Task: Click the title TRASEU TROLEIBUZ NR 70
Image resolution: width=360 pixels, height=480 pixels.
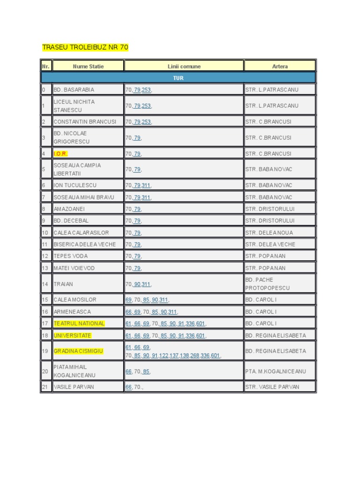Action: [x=85, y=47]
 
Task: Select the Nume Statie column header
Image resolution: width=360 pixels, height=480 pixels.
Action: [x=88, y=66]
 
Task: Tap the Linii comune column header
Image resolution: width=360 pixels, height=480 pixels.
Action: [x=184, y=66]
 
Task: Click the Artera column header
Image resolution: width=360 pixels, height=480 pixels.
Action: [x=280, y=66]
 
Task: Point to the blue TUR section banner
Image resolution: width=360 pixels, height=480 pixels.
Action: [x=178, y=78]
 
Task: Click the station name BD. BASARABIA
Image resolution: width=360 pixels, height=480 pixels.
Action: [x=74, y=90]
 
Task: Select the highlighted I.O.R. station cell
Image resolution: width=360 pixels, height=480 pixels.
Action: [x=61, y=154]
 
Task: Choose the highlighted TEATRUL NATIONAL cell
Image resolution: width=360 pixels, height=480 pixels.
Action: [x=79, y=323]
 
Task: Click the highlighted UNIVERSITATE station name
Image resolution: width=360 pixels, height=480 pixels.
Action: [x=73, y=336]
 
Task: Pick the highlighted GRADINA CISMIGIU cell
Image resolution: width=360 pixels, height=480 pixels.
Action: [x=78, y=351]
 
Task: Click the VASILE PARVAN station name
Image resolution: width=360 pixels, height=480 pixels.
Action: [x=74, y=387]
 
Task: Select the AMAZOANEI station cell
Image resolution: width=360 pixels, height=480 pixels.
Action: [x=70, y=209]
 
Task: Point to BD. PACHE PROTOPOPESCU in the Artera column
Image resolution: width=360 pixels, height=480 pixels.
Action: [x=268, y=284]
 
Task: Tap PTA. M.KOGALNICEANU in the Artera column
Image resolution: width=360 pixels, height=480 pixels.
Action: [x=276, y=371]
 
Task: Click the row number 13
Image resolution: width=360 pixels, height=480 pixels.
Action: [x=45, y=268]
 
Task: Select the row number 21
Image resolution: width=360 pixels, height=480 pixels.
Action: [x=45, y=387]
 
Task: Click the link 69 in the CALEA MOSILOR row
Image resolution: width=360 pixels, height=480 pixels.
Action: [x=128, y=300]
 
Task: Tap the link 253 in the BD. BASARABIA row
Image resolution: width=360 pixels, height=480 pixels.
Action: [x=146, y=90]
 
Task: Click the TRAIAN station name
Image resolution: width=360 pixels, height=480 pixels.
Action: [x=63, y=284]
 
